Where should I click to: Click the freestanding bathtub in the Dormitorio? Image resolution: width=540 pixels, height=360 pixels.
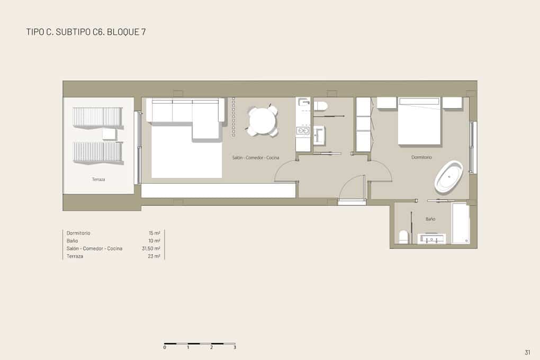[448, 177]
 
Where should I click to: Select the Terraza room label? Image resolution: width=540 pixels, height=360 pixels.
[98, 179]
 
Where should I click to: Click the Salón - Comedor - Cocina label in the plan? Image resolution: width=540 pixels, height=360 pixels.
[256, 158]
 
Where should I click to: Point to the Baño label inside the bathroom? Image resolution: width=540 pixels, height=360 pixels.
[430, 219]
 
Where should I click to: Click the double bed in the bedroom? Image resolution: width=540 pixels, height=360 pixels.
[419, 121]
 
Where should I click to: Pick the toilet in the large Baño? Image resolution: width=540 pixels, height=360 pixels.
[403, 237]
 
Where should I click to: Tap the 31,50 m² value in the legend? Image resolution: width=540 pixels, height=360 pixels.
[151, 248]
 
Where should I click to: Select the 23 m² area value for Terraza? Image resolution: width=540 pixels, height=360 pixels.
[154, 256]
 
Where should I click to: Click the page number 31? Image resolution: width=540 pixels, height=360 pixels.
[528, 352]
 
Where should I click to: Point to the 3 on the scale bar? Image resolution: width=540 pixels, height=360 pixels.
[235, 348]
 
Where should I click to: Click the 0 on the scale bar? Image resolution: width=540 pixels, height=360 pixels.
[165, 348]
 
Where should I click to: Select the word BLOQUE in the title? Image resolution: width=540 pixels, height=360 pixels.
[123, 32]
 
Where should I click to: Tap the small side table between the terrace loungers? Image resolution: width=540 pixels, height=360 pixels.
[109, 134]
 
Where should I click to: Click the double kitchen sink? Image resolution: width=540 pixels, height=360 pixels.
[303, 131]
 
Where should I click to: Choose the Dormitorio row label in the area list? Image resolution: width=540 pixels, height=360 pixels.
[78, 233]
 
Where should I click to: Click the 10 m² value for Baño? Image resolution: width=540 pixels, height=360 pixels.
[154, 241]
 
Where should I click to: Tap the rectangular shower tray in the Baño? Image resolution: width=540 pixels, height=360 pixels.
[461, 223]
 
